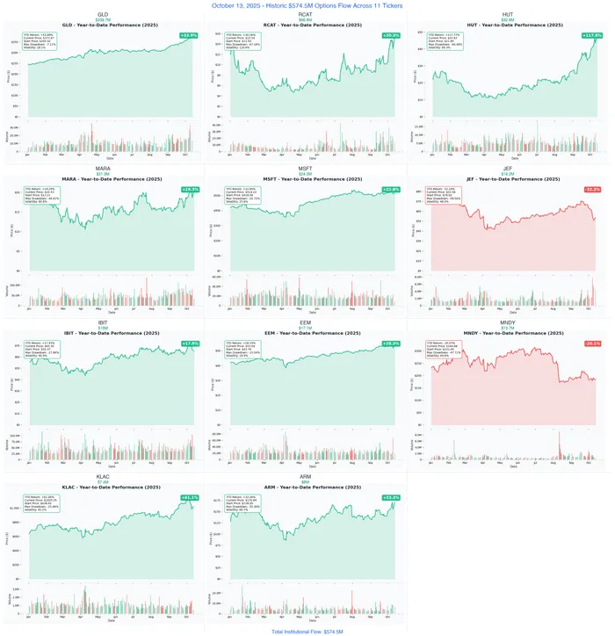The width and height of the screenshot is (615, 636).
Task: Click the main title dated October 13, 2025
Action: pos(307,5)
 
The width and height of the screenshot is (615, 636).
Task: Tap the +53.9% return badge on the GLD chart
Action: pos(189,35)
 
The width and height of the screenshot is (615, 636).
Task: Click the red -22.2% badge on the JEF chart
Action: pos(592,189)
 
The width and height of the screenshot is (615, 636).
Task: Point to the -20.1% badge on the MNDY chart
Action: pos(592,343)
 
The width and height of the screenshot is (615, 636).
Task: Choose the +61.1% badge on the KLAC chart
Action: pos(189,497)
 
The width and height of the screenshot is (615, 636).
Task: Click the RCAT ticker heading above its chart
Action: pos(305,15)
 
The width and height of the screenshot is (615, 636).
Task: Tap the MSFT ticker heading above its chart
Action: pos(305,169)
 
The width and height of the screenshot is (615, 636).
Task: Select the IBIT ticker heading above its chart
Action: pos(103,322)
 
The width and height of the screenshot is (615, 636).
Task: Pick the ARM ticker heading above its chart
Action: pos(305,476)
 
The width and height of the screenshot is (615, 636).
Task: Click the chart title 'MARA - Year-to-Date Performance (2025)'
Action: pos(104,179)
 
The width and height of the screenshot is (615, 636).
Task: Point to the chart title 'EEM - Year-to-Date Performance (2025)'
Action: pos(305,333)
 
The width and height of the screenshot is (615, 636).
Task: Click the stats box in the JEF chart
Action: pos(444,195)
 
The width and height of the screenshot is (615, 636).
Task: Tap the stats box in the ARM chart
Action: pos(243,502)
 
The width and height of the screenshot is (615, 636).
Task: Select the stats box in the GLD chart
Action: pos(42,41)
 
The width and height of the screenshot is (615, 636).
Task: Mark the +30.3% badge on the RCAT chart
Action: pos(391,35)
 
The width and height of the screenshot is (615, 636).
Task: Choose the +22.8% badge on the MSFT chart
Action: pos(391,189)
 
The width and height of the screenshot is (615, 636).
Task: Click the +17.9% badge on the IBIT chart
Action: pos(189,343)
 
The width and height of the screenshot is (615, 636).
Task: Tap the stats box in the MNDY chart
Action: pos(444,349)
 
